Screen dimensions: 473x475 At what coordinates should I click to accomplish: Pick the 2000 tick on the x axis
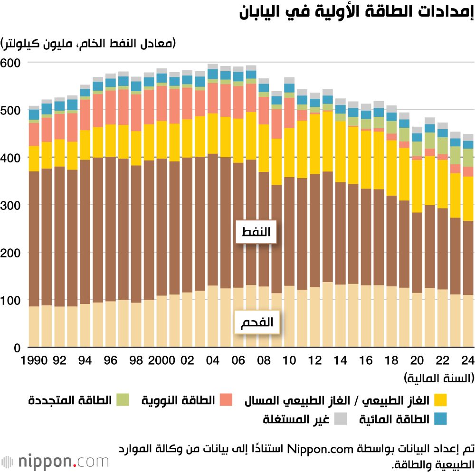click(161, 360)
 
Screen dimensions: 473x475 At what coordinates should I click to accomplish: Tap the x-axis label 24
click(468, 360)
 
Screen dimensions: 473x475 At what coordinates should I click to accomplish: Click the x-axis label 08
click(263, 360)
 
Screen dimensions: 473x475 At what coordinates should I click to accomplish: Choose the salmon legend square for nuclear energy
click(226, 400)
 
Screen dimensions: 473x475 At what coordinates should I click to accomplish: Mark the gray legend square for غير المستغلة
click(340, 419)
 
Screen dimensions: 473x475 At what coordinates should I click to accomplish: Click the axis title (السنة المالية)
click(439, 378)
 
